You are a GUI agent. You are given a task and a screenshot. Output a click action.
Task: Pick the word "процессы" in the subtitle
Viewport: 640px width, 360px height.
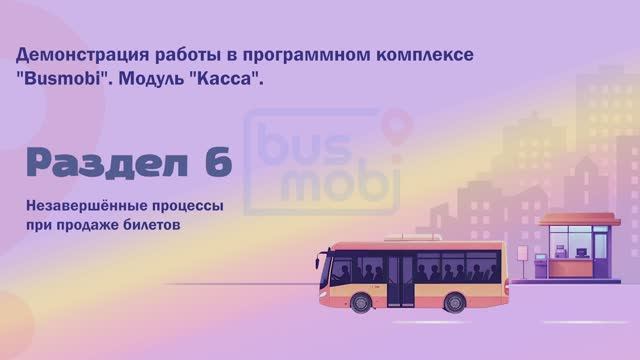click(x=180, y=207)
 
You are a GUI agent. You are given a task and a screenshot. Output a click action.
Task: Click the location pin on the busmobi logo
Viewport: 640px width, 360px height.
click(x=399, y=128)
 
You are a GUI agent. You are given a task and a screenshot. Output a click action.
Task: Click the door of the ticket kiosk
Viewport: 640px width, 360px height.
click(x=601, y=256)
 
